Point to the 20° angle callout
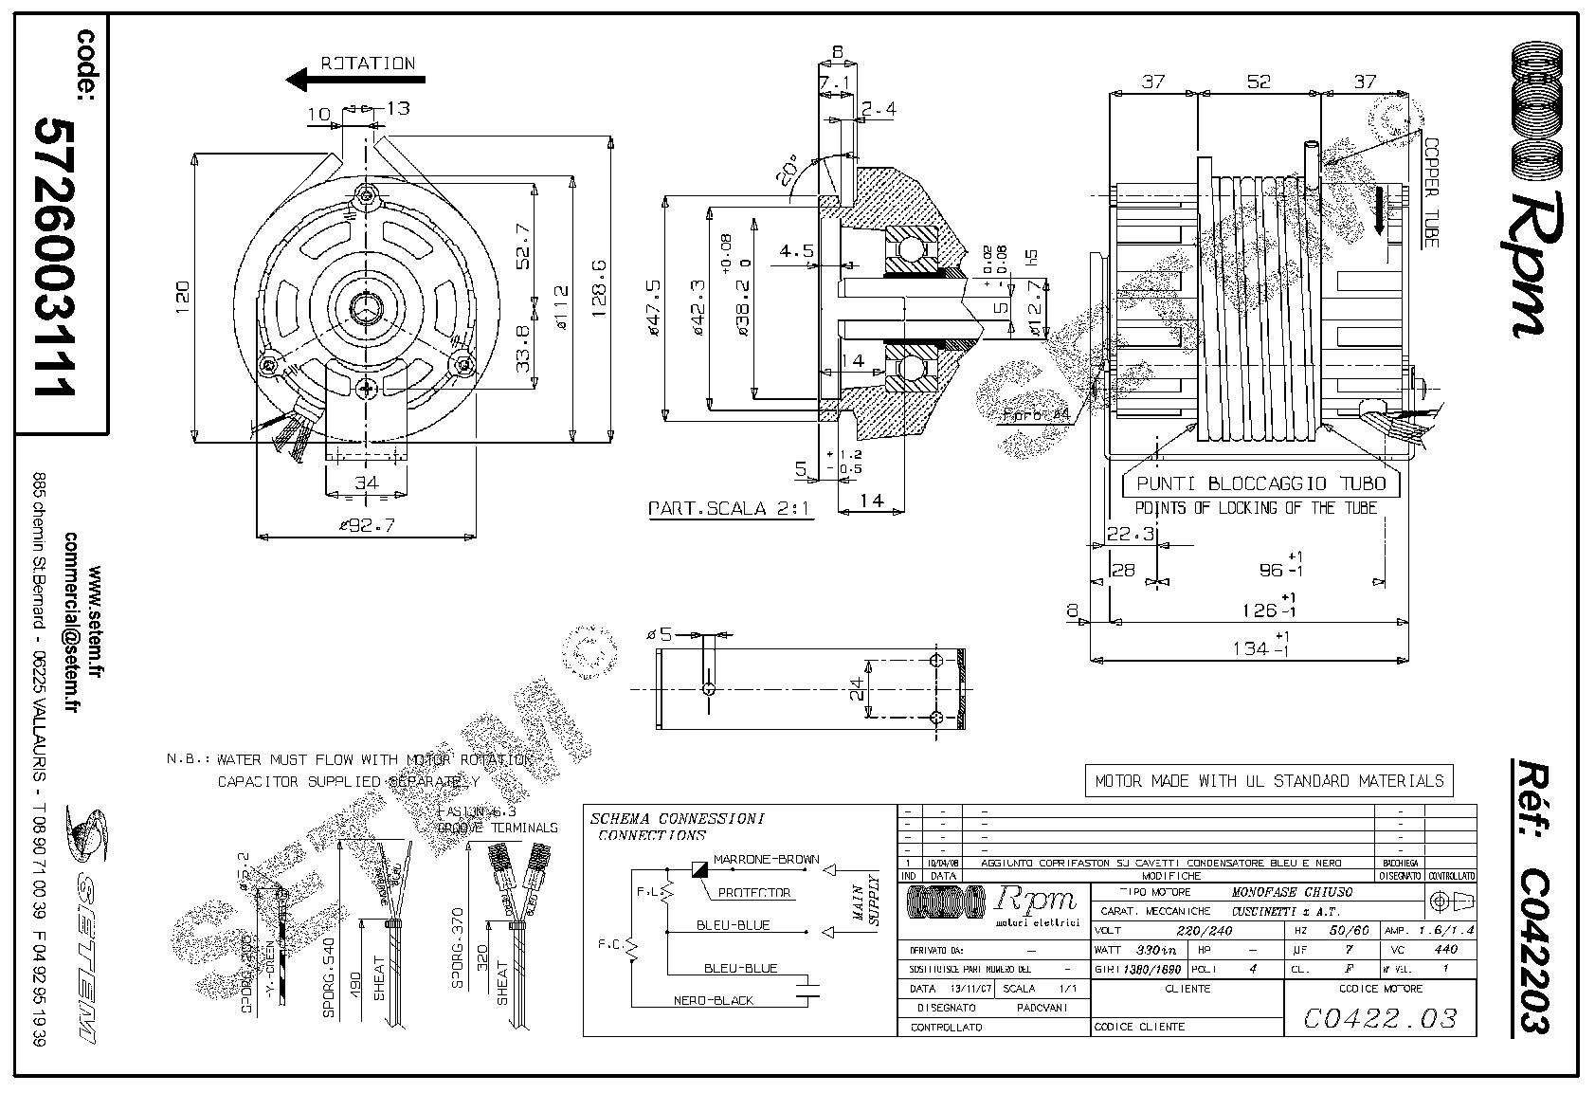[786, 172]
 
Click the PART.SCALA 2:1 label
[730, 508]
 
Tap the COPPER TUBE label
[1430, 189]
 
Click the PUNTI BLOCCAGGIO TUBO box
[1260, 483]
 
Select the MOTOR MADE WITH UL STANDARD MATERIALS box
[1269, 781]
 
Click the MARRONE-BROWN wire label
[766, 860]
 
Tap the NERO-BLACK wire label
[714, 1000]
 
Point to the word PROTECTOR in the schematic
[753, 892]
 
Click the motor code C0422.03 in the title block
[1379, 1018]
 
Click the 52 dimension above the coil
[1258, 82]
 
